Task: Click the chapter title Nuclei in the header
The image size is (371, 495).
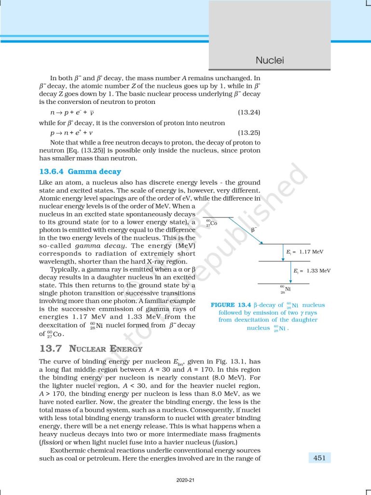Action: click(x=270, y=60)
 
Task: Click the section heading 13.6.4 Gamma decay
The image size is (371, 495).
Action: click(x=80, y=172)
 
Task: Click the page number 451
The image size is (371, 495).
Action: click(x=319, y=457)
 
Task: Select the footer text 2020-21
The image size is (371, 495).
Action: click(x=185, y=480)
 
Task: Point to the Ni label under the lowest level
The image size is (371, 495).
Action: click(x=284, y=289)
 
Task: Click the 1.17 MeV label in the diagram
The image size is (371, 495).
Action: click(x=308, y=252)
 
